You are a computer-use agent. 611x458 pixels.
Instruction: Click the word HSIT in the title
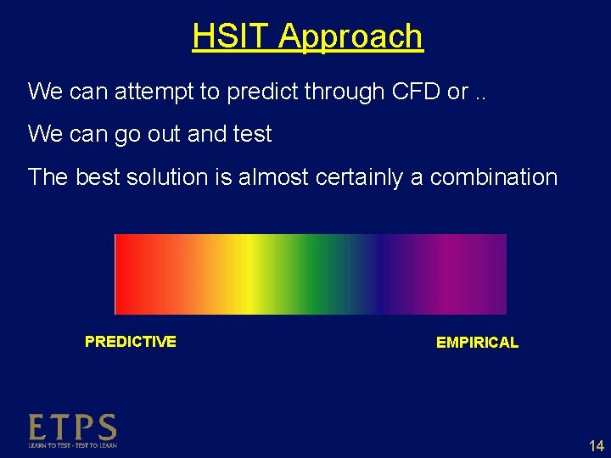pos(231,36)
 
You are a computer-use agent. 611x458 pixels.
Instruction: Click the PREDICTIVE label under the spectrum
pos(131,342)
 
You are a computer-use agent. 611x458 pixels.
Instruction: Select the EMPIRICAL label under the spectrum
pos(477,343)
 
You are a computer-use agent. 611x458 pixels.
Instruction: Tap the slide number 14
pos(595,446)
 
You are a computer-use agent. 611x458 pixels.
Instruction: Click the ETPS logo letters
pos(72,427)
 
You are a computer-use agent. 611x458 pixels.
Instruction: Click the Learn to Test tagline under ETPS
pos(72,445)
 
